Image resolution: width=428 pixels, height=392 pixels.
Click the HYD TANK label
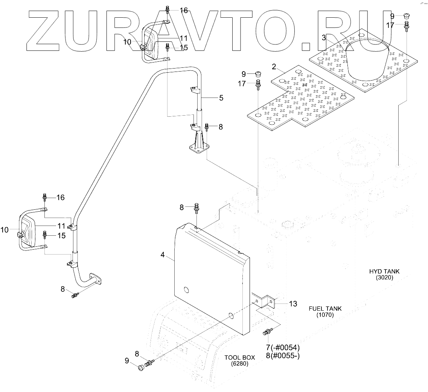pos(384,272)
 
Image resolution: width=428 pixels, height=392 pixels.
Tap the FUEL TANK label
pos(325,308)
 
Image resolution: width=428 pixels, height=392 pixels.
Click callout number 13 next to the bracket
pos(293,304)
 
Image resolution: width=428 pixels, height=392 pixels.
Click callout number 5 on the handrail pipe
pos(221,98)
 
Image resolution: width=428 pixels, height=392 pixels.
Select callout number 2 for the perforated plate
pos(274,67)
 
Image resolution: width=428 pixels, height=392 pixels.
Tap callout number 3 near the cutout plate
pos(323,38)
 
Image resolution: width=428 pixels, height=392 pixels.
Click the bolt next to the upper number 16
pos(168,10)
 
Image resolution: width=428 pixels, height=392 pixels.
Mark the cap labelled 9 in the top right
pos(407,16)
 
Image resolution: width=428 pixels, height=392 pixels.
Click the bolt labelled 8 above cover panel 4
pos(196,208)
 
